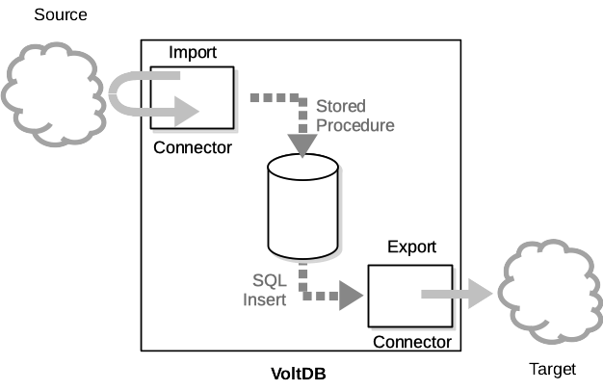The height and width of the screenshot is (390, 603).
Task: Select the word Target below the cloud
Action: tap(552, 369)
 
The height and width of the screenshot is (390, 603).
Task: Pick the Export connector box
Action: tap(409, 297)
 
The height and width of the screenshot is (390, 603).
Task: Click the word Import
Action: tap(192, 51)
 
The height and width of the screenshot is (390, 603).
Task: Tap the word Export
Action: tap(411, 247)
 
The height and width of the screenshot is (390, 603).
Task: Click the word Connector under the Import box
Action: tap(193, 147)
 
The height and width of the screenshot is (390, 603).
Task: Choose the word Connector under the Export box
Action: tap(411, 342)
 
